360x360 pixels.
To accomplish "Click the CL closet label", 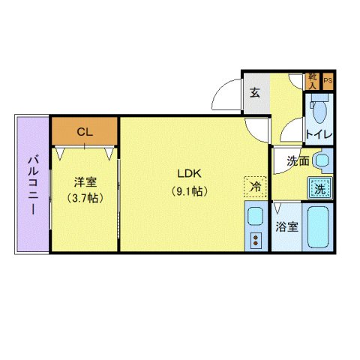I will click(85, 131).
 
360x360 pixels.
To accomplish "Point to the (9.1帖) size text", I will click(188, 190).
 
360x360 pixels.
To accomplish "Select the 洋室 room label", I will click(85, 182).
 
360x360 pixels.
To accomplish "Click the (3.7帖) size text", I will click(85, 198).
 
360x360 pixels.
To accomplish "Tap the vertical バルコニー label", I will click(33, 184).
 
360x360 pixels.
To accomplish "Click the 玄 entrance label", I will click(255, 94).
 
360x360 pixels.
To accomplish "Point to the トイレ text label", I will click(319, 136).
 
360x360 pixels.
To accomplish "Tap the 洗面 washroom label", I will click(297, 160).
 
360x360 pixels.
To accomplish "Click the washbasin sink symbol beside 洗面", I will click(322, 160).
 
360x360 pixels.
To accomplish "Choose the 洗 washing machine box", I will click(320, 187).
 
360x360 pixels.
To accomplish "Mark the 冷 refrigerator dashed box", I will click(255, 186).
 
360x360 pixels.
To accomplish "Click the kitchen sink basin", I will click(255, 217).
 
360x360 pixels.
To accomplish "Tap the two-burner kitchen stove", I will click(255, 241).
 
